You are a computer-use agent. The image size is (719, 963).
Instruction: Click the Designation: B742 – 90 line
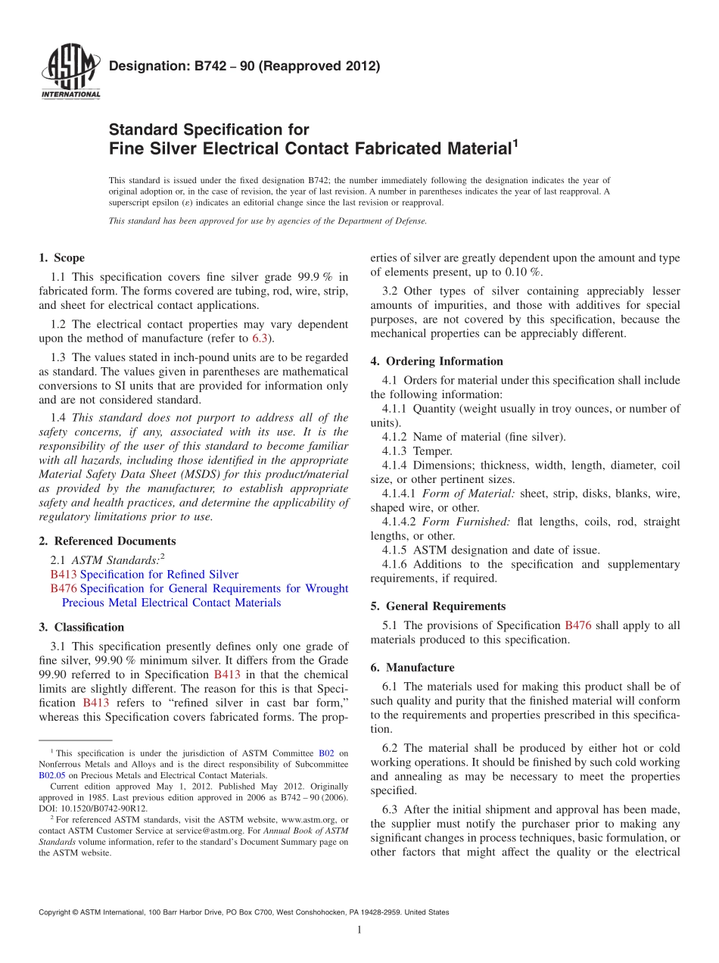(x=244, y=66)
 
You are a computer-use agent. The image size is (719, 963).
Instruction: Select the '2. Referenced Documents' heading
(x=107, y=541)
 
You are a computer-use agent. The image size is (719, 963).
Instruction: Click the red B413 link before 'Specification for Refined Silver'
(x=64, y=575)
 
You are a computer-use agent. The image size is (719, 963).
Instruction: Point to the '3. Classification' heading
(x=81, y=627)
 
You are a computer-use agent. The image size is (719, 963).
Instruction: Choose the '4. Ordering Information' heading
(x=437, y=361)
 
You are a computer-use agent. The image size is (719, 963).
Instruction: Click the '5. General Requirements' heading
(x=437, y=606)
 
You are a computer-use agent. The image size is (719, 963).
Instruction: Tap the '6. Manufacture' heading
(x=412, y=668)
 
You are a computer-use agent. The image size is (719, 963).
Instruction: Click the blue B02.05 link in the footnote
(x=52, y=775)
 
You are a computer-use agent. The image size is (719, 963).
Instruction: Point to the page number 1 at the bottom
(x=359, y=930)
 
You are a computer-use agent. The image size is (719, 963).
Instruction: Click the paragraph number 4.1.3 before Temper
(x=396, y=451)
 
